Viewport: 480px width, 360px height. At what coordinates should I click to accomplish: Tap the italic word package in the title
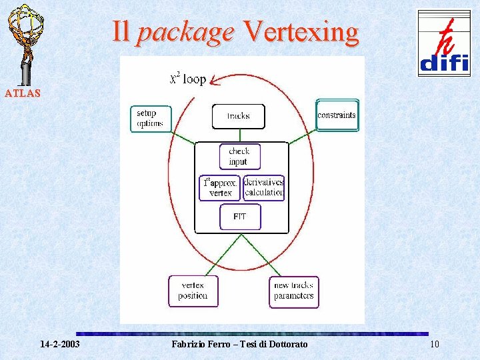[185, 31]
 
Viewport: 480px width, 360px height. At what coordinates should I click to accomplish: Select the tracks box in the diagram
[238, 116]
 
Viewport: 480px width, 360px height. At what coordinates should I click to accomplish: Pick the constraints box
[337, 115]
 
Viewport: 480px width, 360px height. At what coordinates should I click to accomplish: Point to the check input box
[239, 157]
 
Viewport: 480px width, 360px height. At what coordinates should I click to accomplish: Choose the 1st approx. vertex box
[219, 187]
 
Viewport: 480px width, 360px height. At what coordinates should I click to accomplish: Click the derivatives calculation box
[264, 187]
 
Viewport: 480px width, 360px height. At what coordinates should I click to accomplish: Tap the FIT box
[240, 217]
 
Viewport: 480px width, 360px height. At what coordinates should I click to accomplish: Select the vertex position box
[193, 291]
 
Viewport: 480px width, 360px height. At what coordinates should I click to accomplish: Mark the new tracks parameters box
[294, 291]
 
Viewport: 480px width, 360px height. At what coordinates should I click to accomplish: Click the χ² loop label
[187, 79]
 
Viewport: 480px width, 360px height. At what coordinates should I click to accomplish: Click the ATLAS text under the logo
[23, 93]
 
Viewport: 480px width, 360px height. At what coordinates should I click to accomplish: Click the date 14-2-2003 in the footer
[60, 344]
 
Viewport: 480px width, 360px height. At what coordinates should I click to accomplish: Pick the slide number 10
[435, 344]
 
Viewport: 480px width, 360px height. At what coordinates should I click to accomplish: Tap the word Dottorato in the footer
[286, 344]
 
